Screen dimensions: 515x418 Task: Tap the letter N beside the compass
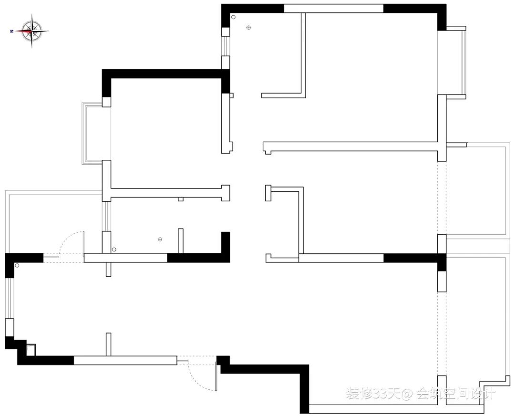11,31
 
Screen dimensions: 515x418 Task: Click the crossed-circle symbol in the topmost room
248,28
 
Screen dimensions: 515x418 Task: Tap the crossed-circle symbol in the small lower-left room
160,239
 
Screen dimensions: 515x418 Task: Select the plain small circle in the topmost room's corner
233,17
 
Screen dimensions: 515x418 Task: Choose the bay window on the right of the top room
459,62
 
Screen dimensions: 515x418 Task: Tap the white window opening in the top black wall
333,8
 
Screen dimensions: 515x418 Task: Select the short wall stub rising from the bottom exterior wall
108,344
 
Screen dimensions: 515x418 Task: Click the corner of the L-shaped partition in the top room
302,94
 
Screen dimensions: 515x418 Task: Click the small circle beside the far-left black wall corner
17,265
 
